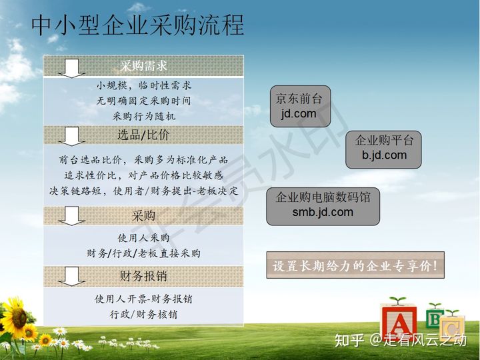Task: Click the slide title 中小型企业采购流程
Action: [137, 25]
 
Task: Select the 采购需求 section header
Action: [143, 65]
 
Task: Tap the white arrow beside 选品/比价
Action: [71, 136]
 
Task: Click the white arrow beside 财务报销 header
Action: [71, 277]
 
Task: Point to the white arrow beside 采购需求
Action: [71, 68]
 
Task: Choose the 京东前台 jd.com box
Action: [300, 106]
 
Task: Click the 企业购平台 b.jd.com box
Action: [383, 150]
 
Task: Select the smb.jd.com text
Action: [323, 212]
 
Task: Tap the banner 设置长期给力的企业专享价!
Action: [355, 265]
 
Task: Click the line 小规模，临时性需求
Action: [143, 85]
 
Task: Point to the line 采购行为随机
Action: [143, 116]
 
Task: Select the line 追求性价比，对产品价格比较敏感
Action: [143, 175]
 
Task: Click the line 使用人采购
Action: [143, 237]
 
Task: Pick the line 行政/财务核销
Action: [143, 315]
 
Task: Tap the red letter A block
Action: [399, 323]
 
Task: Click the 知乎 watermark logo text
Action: [349, 340]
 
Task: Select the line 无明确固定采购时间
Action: [143, 101]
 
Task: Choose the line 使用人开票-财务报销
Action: [143, 299]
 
